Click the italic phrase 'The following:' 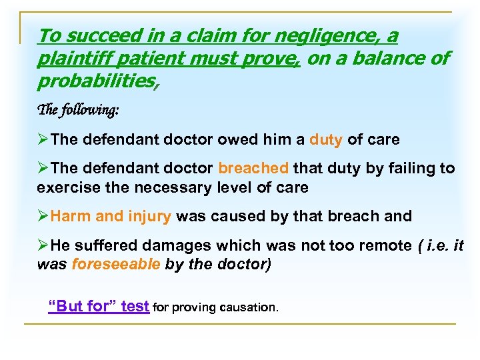(x=78, y=111)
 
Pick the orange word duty (x=326, y=140)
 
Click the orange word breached (x=253, y=169)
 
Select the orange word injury (x=150, y=216)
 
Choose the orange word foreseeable (x=115, y=263)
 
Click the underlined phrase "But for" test (x=99, y=306)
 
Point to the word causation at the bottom (x=248, y=307)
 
